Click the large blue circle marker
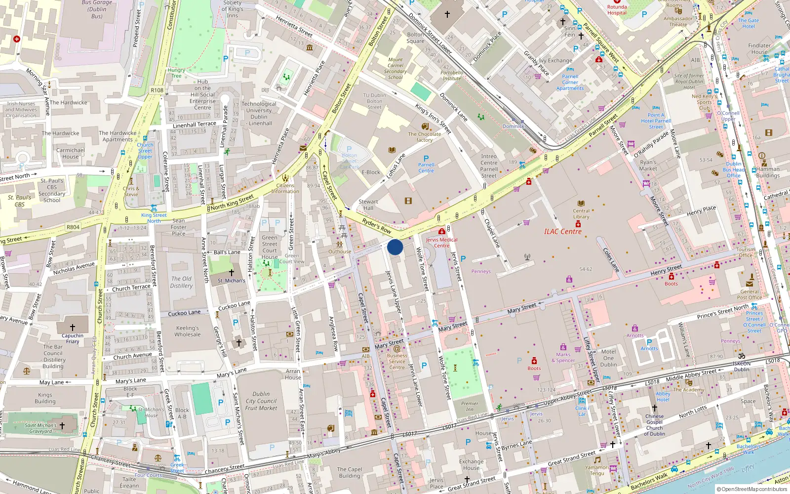coord(395,247)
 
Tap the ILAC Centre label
coord(562,232)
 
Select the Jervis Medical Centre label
coord(441,243)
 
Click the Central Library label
coord(581,214)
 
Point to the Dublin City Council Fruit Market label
coord(261,401)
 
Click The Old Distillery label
coord(181,282)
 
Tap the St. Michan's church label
coord(231,281)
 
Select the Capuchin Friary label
coord(73,338)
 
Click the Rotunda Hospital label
coord(617,10)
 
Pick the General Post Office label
coord(749,294)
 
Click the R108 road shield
coord(157,90)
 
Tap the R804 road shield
coord(73,227)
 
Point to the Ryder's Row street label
coord(376,225)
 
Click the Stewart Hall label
coord(368,205)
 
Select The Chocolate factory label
coord(424,137)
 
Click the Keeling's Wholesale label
coord(188,331)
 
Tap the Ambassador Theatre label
coord(678,22)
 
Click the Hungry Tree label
coord(176,73)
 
